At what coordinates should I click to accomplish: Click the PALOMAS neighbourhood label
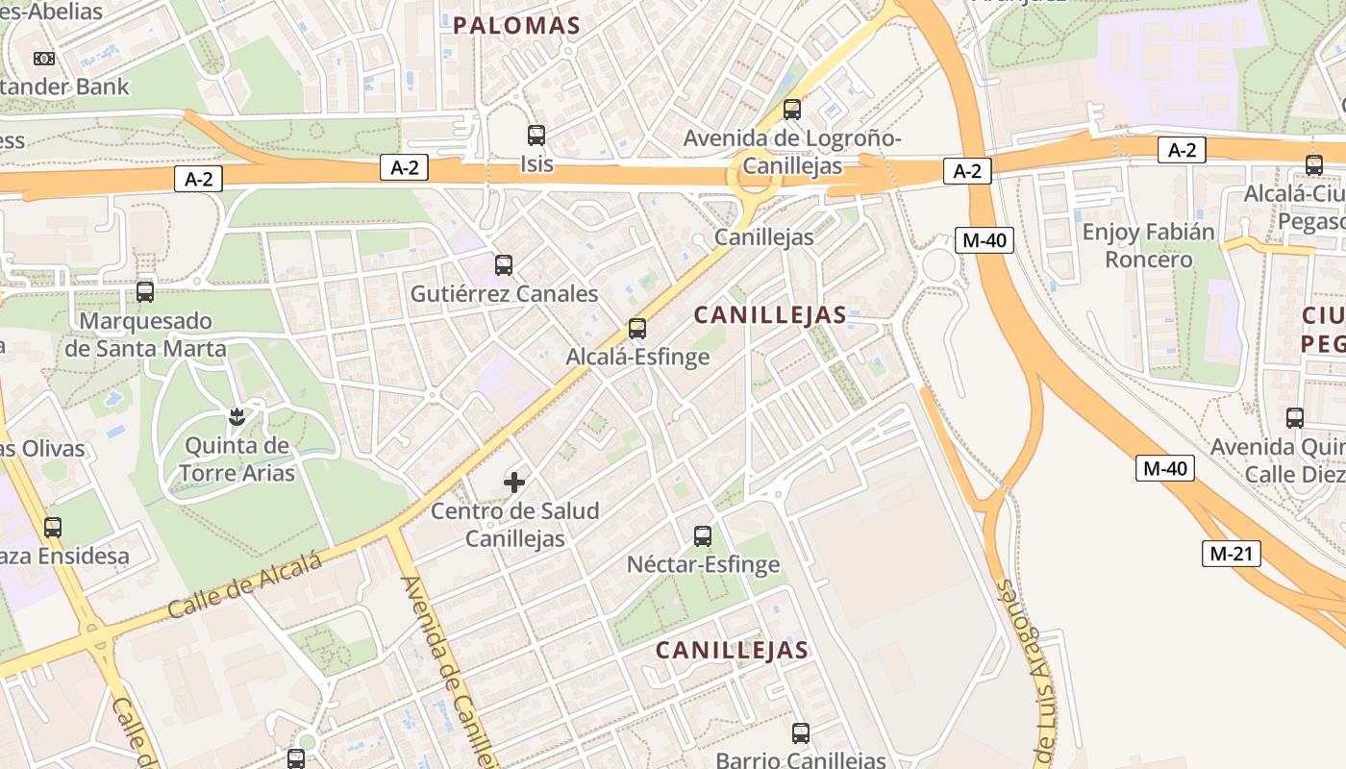(x=516, y=26)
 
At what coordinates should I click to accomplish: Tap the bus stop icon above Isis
(x=536, y=136)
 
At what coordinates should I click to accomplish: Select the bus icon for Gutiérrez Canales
(x=504, y=265)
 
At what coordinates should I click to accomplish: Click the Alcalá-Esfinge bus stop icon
(x=636, y=329)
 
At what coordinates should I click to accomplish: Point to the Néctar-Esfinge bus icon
(x=703, y=535)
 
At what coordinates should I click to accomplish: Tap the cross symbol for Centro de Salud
(x=514, y=482)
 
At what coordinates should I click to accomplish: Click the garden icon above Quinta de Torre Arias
(x=236, y=417)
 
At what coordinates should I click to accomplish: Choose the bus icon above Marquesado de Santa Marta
(x=145, y=291)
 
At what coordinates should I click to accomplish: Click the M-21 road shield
(x=1231, y=554)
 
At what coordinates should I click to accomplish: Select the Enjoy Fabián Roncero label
(x=1148, y=246)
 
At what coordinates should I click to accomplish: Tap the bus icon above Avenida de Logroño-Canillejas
(x=792, y=110)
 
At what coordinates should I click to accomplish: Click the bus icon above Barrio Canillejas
(x=801, y=733)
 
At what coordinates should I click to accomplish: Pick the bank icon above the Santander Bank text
(x=43, y=59)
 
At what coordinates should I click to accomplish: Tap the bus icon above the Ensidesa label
(x=53, y=527)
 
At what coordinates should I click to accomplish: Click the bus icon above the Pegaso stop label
(x=1314, y=165)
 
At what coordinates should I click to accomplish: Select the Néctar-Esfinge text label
(x=703, y=564)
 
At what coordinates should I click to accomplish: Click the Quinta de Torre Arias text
(x=237, y=459)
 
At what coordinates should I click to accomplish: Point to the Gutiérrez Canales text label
(x=504, y=294)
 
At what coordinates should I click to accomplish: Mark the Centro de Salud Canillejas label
(x=514, y=525)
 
